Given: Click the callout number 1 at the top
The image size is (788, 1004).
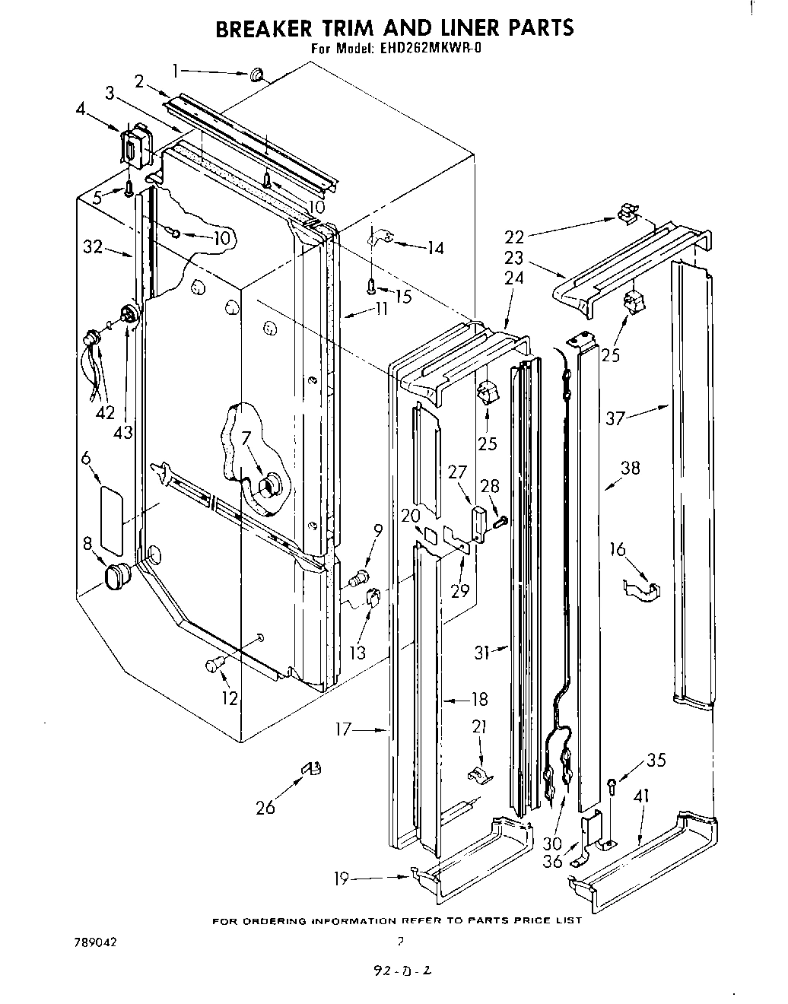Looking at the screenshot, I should click(176, 71).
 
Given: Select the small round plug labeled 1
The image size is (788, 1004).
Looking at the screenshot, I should click(256, 74).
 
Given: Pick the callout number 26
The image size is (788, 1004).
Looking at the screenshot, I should click(265, 807).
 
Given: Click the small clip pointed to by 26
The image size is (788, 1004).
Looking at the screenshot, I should click(311, 770).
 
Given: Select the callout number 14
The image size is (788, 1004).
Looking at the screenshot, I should click(434, 247).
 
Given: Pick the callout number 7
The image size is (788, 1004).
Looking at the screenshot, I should click(246, 438).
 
